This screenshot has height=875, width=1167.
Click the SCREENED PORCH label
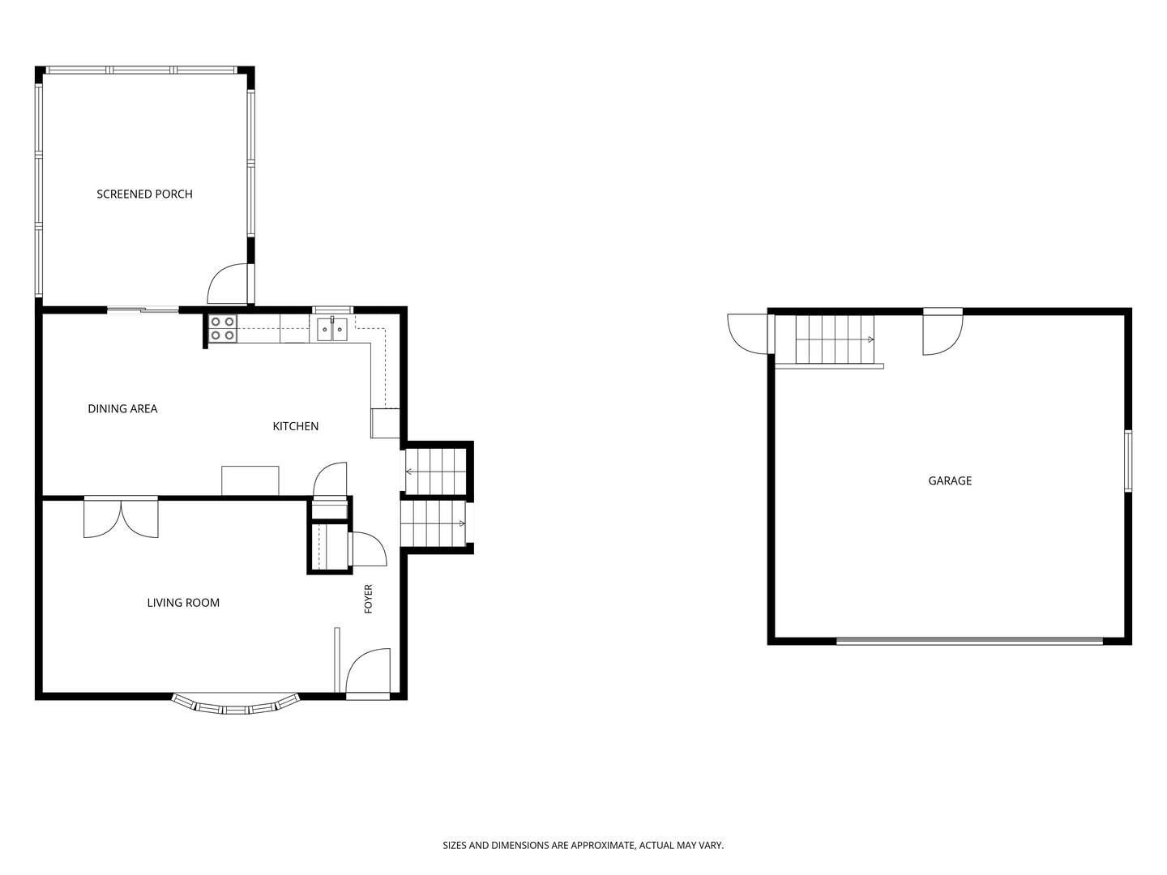click(x=144, y=194)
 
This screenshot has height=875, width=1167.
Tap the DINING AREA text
click(x=122, y=409)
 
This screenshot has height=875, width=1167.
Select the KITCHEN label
click(x=296, y=427)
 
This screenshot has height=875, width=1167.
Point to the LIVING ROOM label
click(x=183, y=603)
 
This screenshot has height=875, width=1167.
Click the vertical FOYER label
click(x=369, y=600)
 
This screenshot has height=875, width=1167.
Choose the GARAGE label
click(x=950, y=481)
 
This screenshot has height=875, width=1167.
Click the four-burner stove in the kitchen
click(x=223, y=328)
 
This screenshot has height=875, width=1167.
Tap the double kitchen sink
click(x=333, y=329)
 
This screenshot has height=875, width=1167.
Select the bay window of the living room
click(x=236, y=705)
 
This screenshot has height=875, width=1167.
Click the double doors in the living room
click(x=122, y=518)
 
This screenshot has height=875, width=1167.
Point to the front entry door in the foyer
click(x=368, y=673)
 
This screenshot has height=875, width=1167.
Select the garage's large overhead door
click(x=970, y=642)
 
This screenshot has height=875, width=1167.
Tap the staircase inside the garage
click(x=835, y=339)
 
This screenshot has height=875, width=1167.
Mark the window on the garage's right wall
click(x=1127, y=461)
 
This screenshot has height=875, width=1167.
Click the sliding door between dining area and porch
click(x=143, y=309)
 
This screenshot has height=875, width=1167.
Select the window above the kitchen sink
click(x=333, y=309)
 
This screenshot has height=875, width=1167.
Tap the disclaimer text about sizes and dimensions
click(x=583, y=845)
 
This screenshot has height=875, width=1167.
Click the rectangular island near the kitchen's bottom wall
click(x=250, y=480)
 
